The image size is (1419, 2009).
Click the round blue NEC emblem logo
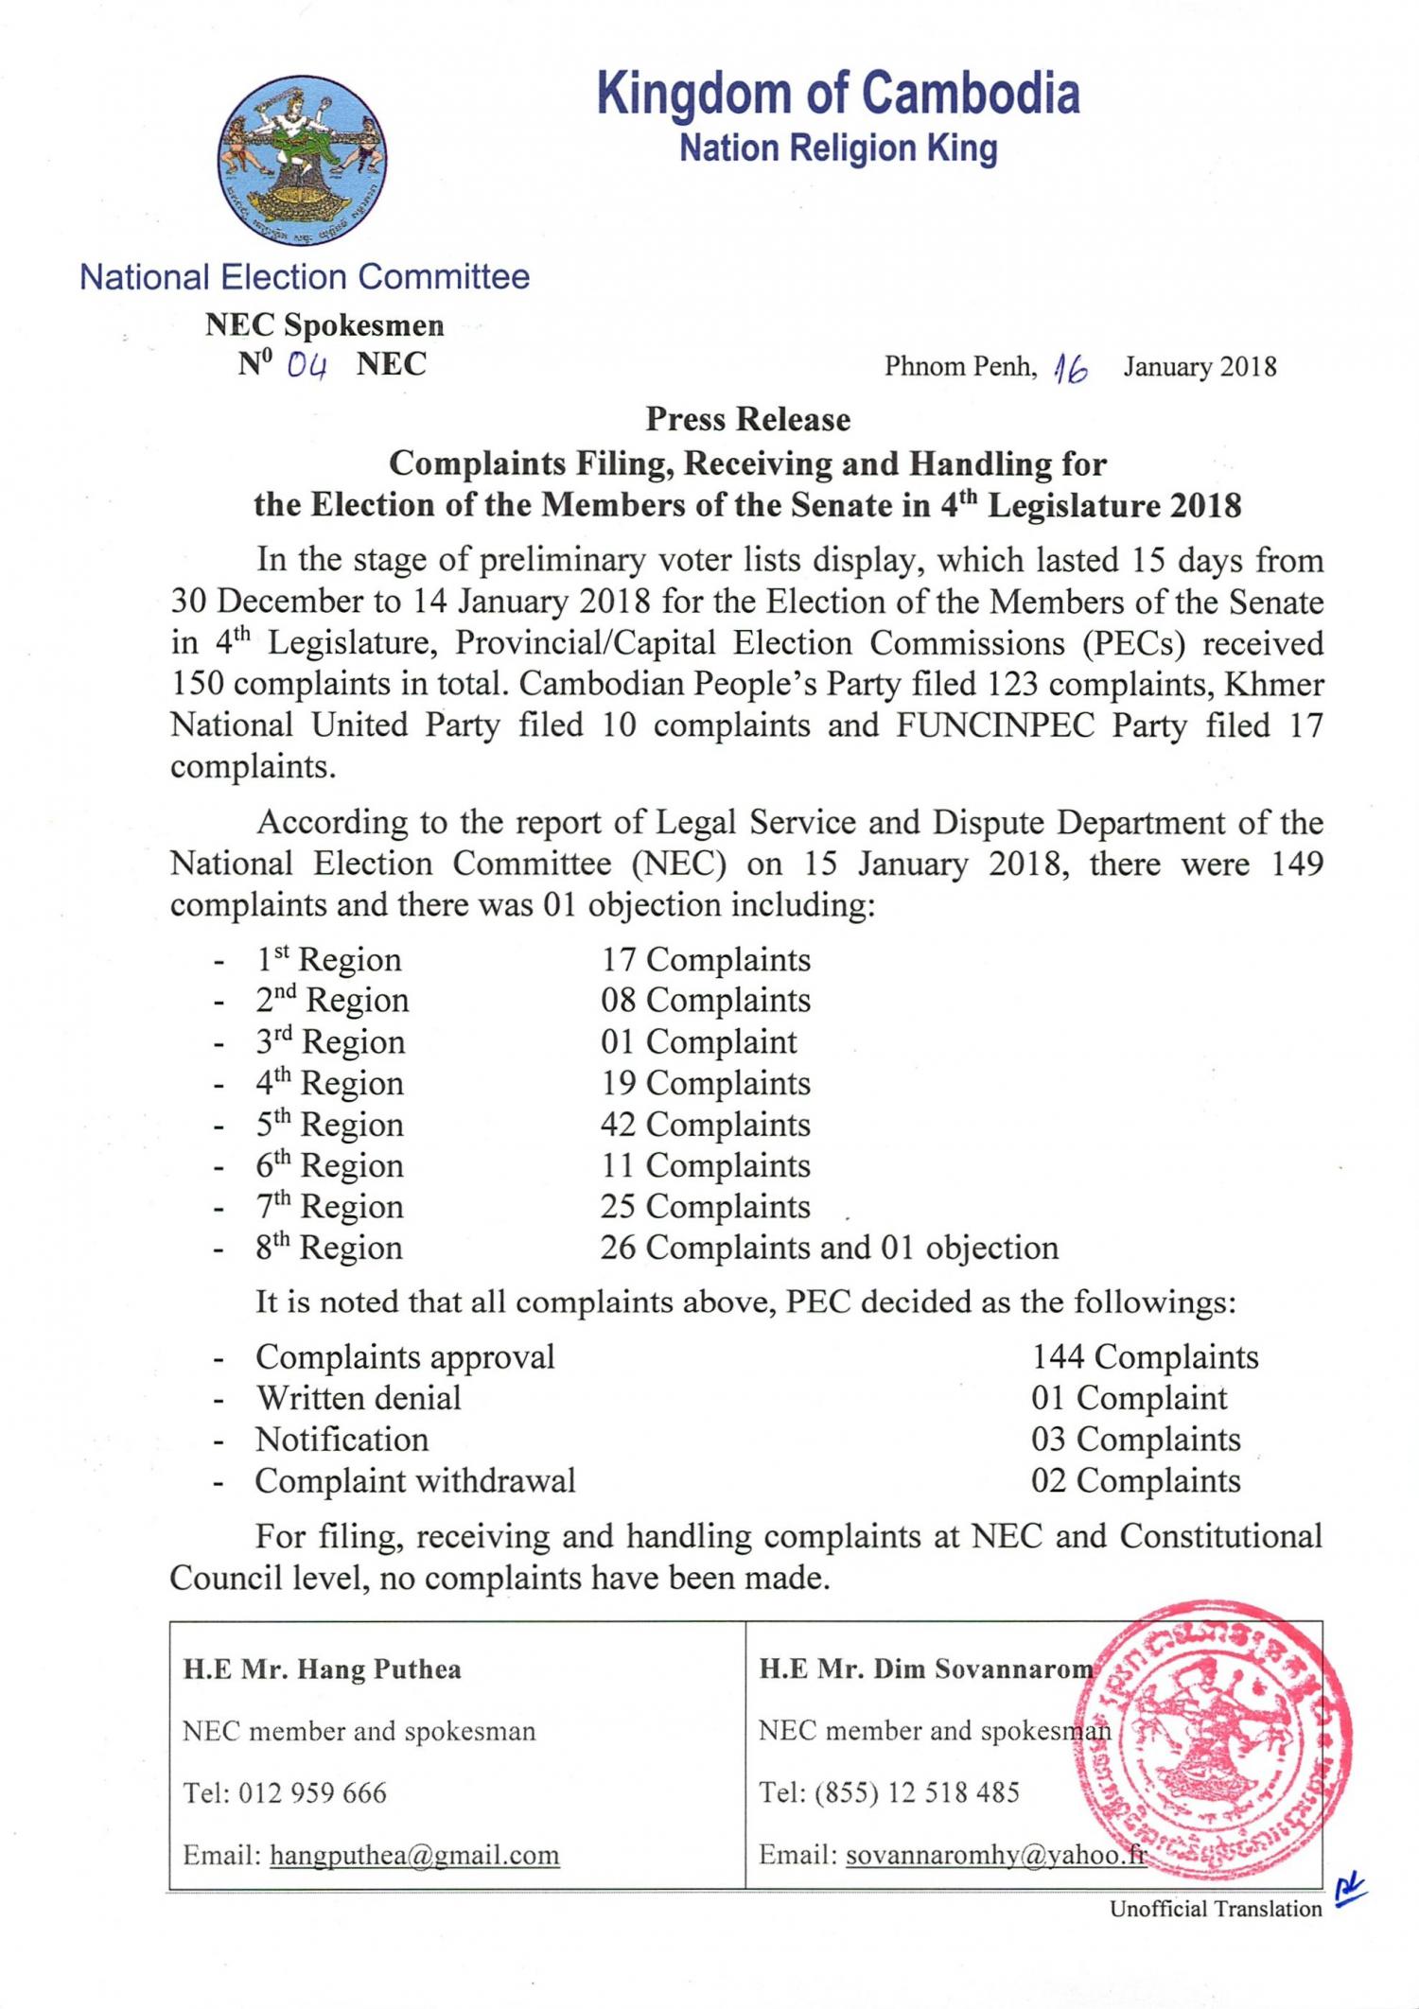(x=303, y=160)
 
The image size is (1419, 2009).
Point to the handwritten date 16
(x=1072, y=368)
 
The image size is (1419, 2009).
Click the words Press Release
(x=747, y=419)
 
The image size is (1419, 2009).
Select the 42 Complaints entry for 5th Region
(x=706, y=1125)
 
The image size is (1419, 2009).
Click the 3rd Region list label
(x=330, y=1042)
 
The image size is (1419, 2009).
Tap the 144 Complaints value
(x=1145, y=1357)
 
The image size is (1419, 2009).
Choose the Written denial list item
(x=358, y=1398)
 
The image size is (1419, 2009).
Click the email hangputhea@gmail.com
(x=414, y=1855)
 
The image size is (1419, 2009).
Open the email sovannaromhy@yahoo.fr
(x=995, y=1855)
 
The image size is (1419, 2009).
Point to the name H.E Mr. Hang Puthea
(x=323, y=1669)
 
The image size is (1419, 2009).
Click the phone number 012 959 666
(x=312, y=1792)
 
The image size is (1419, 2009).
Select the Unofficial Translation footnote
(x=1216, y=1909)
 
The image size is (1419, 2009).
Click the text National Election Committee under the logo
(x=305, y=277)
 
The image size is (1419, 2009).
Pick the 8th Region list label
(x=329, y=1249)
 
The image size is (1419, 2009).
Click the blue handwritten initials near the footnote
(x=1350, y=1891)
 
